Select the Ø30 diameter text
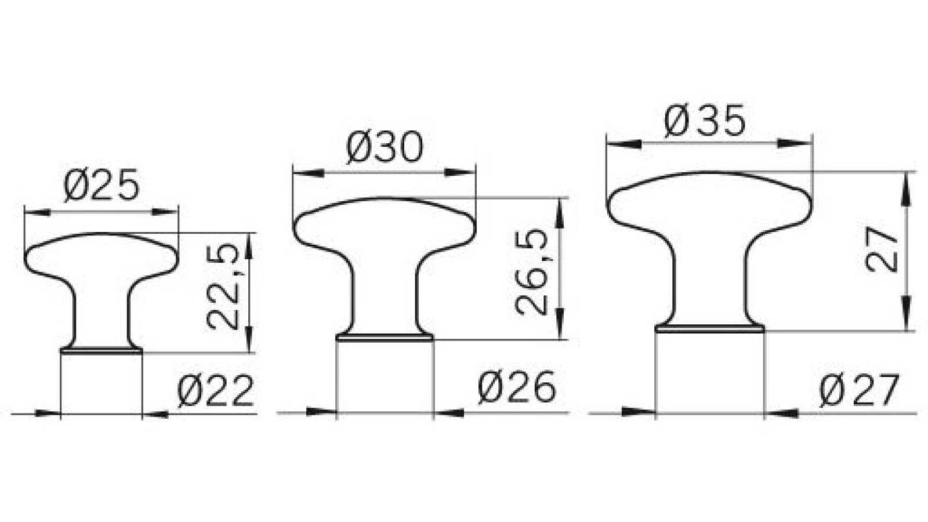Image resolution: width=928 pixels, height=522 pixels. point(385,147)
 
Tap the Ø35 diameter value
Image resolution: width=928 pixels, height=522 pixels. point(705,122)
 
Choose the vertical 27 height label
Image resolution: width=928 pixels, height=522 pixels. point(881,248)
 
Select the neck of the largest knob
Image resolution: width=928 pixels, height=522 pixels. point(710,278)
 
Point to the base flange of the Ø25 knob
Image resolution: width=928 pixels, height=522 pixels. point(101,350)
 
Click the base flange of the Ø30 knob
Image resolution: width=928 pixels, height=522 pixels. point(385,336)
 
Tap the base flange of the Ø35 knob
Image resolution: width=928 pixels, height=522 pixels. point(710,329)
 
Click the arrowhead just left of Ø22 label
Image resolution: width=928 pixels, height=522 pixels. point(155,414)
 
